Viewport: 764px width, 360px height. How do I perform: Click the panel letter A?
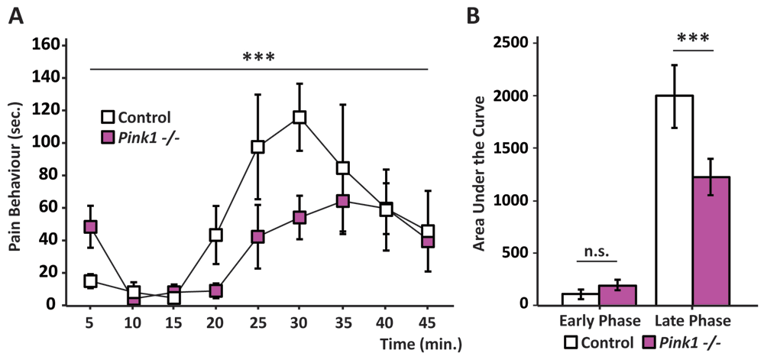[15, 15]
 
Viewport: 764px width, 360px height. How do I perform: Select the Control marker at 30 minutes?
[299, 117]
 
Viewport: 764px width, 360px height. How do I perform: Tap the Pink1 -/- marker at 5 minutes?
[90, 227]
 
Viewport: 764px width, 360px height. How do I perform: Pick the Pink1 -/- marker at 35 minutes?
[343, 201]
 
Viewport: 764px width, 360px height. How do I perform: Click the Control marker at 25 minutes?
[258, 147]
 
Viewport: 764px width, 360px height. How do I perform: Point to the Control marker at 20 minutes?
[216, 235]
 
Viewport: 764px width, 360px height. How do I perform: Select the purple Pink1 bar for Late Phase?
[711, 241]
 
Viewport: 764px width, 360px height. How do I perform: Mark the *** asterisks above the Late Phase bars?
[693, 37]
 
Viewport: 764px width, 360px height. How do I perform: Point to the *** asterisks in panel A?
[258, 57]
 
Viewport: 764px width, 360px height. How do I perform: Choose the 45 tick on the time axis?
[428, 323]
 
